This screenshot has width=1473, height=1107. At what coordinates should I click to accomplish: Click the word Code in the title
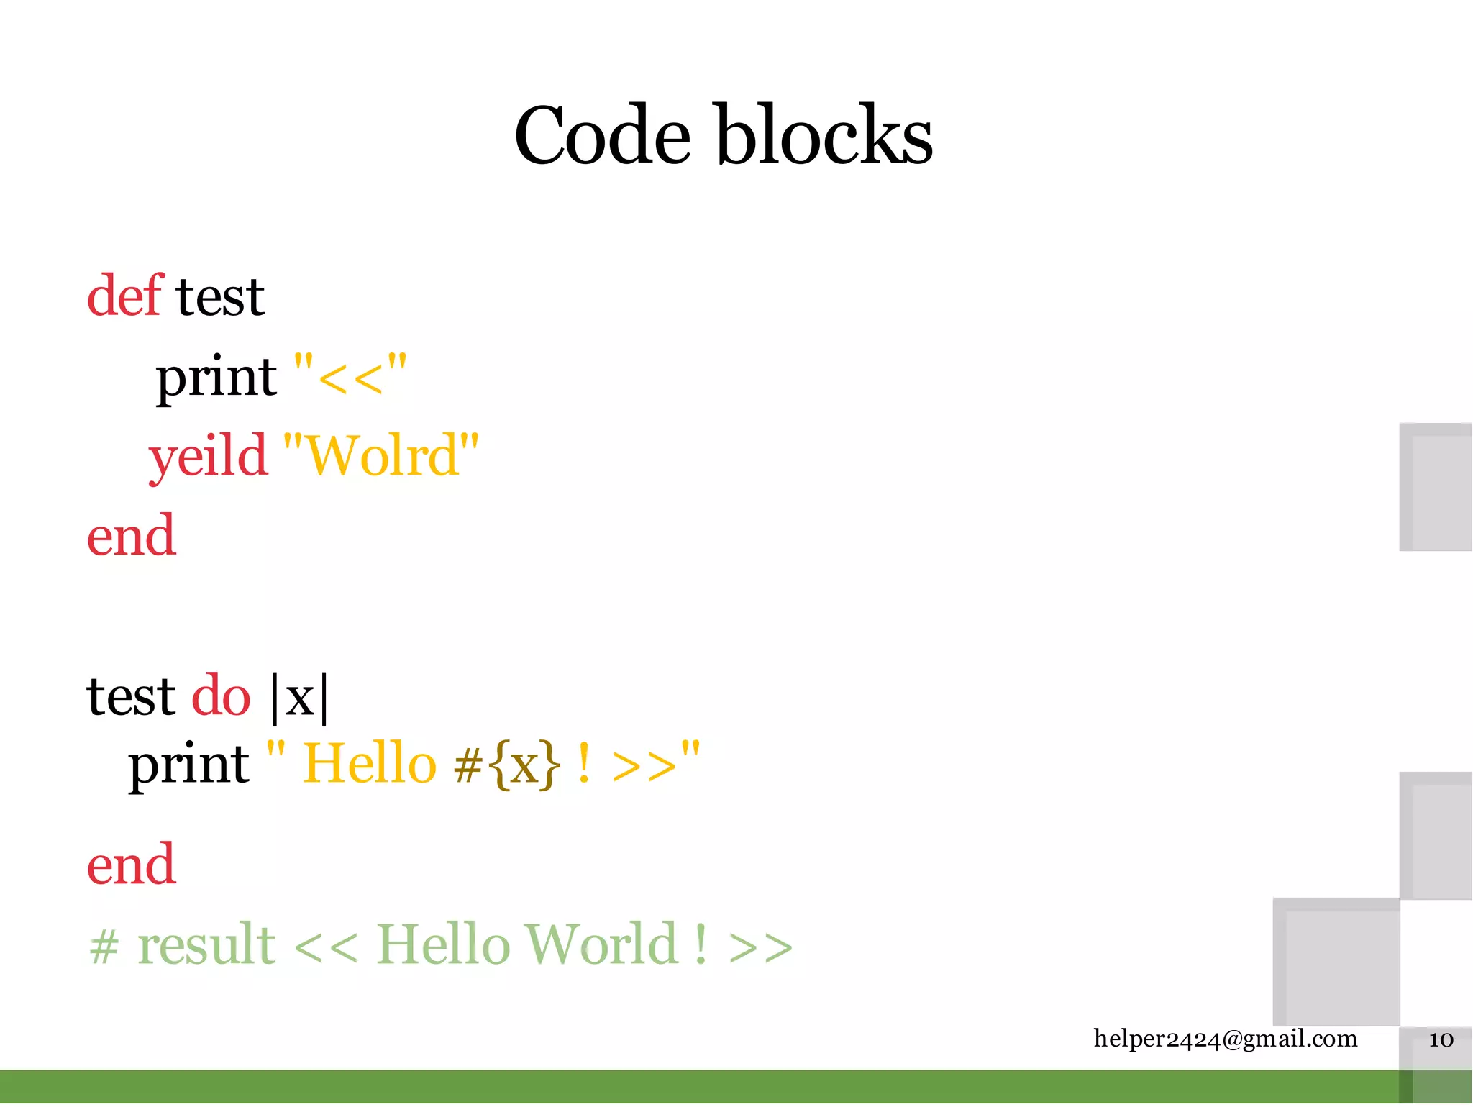coord(602,135)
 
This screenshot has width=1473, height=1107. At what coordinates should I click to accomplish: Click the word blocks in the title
coord(824,135)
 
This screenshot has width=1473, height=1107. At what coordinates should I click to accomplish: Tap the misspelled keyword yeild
coord(208,457)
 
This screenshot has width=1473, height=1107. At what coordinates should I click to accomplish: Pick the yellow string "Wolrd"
coord(381,455)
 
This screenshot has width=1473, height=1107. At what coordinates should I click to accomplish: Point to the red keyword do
coord(221,696)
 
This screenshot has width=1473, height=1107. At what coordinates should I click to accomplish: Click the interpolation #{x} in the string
coord(506,764)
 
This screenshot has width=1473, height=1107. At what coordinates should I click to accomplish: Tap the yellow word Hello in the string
coord(370,764)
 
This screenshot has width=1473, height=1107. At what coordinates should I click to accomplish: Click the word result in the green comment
coord(206,944)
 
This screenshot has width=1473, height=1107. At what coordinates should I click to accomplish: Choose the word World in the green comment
coord(601,944)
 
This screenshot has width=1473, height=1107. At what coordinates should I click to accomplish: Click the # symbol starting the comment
coord(104,947)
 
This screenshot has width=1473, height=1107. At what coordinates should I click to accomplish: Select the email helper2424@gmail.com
coord(1225,1039)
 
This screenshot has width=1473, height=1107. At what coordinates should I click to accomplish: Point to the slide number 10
coord(1441,1040)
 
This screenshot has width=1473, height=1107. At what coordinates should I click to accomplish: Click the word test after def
coord(220,296)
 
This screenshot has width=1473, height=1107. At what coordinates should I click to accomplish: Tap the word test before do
coord(131,696)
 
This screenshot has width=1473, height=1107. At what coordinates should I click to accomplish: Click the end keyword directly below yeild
coord(131,536)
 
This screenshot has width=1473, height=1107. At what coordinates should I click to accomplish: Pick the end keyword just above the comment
coord(131,864)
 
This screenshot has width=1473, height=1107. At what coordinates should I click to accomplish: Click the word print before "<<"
coord(216,377)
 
